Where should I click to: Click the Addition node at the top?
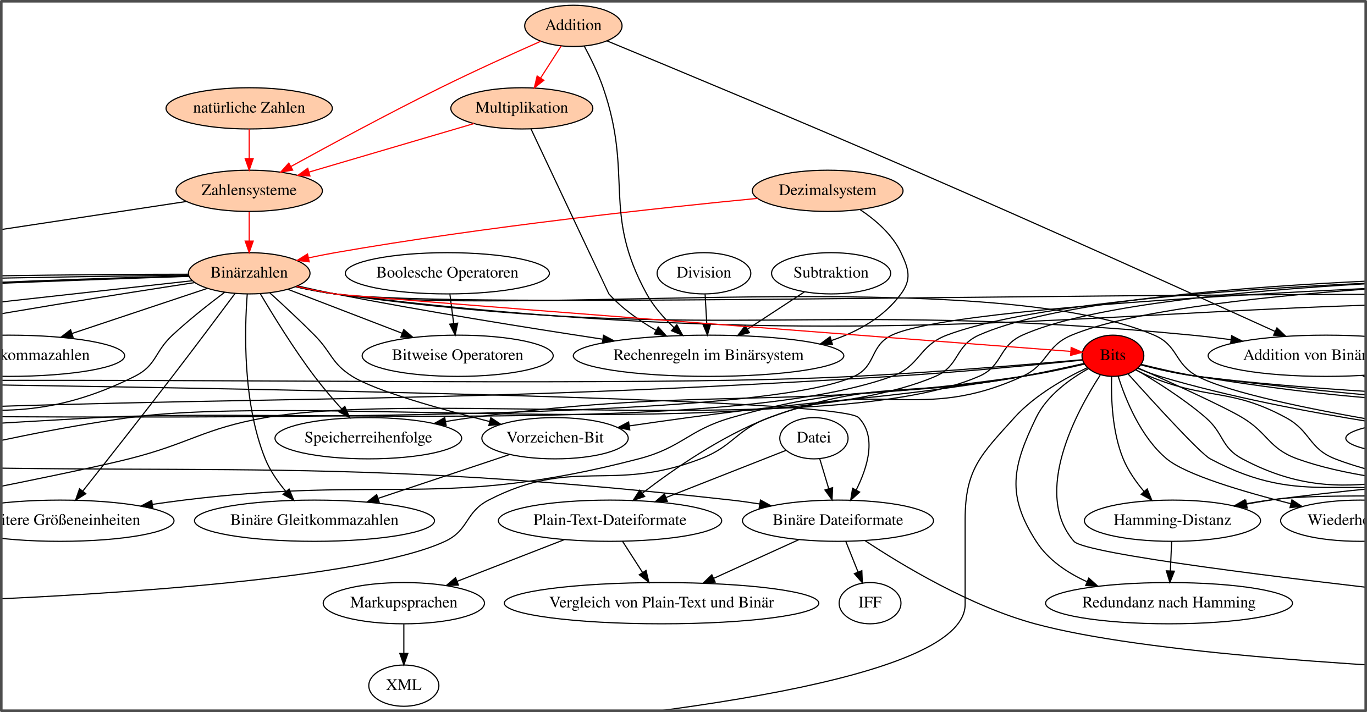[573, 26]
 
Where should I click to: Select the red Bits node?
[1112, 356]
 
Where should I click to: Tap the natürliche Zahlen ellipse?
[249, 108]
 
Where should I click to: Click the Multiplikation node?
[521, 108]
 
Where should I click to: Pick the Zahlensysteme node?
[249, 191]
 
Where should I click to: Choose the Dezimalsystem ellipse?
[827, 191]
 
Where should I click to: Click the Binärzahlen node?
[249, 273]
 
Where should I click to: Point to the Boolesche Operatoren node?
[447, 273]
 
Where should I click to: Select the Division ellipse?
[703, 273]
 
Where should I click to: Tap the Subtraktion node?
[830, 273]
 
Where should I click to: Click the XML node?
[404, 686]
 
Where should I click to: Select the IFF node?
[869, 603]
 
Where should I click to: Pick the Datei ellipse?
[813, 438]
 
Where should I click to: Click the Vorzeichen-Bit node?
[555, 438]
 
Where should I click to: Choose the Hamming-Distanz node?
[1172, 521]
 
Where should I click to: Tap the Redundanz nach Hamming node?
[1168, 603]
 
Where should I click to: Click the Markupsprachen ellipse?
[404, 603]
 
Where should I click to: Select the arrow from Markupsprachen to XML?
[404, 643]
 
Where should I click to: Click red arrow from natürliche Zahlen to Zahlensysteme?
[249, 148]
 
